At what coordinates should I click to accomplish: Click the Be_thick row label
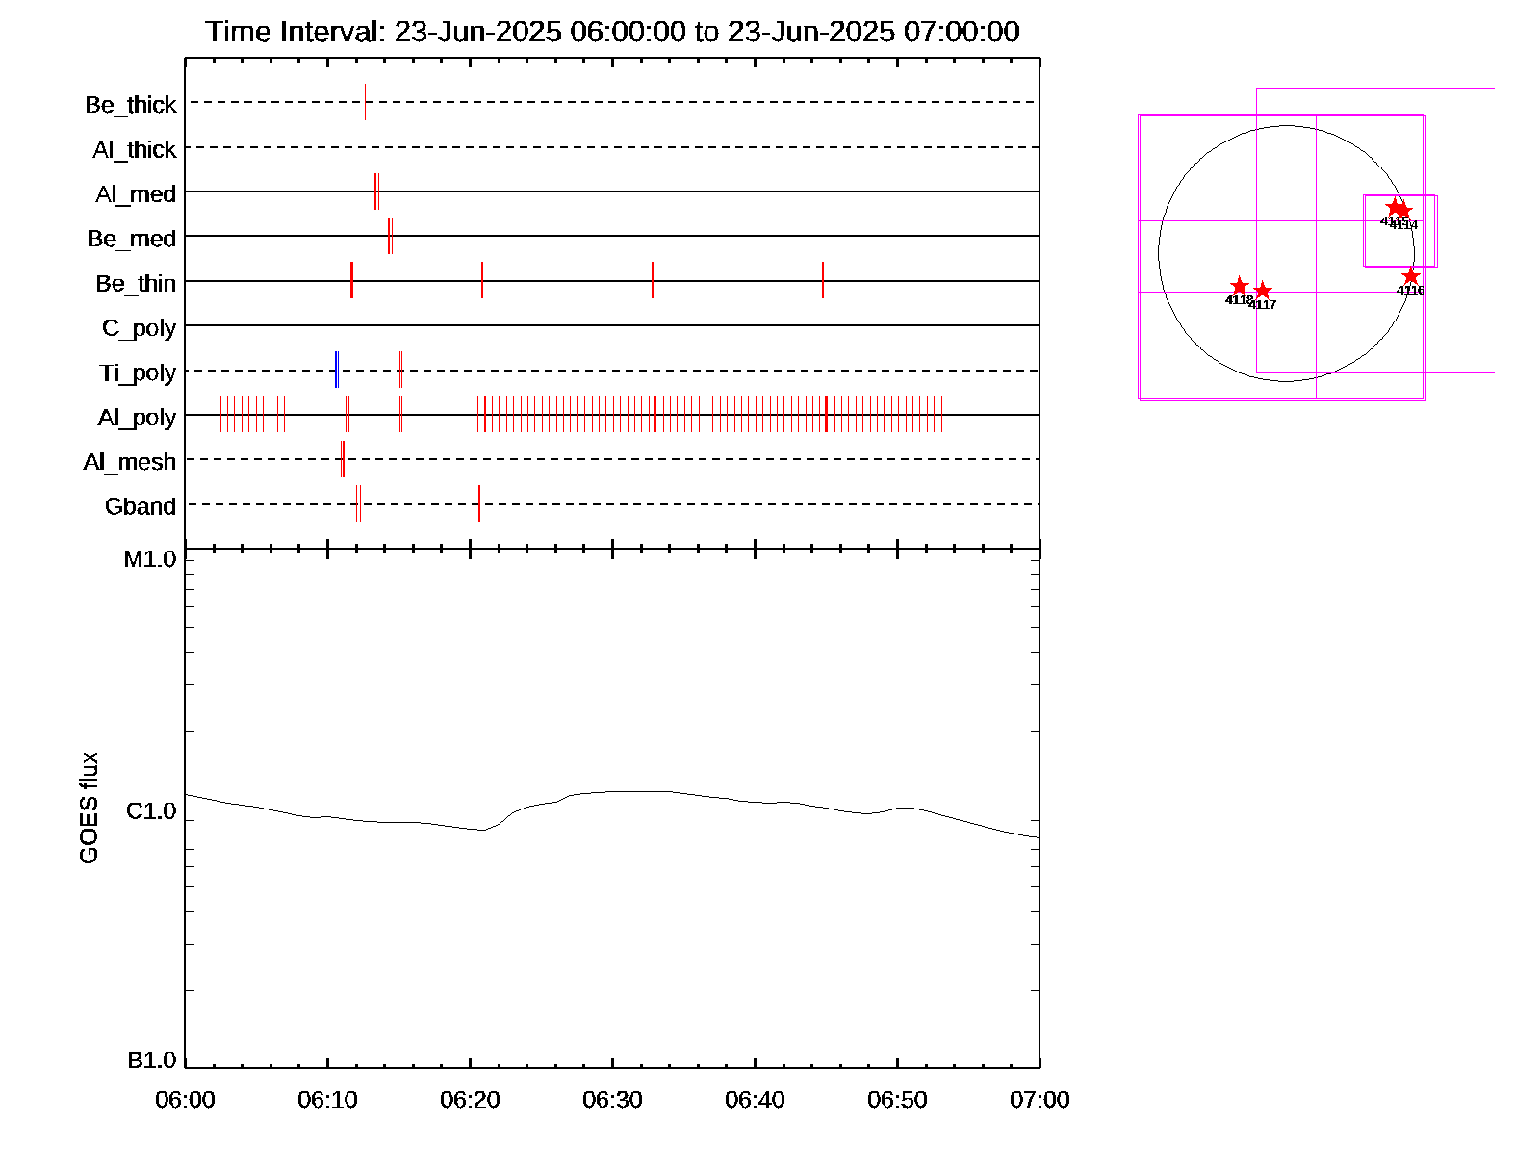(x=131, y=104)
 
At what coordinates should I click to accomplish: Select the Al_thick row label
(x=135, y=149)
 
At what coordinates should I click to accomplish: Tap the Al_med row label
(x=136, y=193)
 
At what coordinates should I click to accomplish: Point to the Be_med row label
(x=132, y=238)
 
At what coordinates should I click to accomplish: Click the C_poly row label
(x=139, y=328)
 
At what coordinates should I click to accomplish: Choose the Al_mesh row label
(x=130, y=462)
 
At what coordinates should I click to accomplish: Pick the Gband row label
(x=141, y=506)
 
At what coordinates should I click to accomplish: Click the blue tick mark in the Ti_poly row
(x=335, y=371)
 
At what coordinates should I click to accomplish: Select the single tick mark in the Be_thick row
(x=365, y=102)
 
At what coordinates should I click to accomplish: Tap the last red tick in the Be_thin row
(x=823, y=280)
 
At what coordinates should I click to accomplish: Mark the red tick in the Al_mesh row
(x=343, y=459)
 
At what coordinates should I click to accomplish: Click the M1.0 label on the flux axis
(x=150, y=559)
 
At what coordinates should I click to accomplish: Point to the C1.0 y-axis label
(x=151, y=811)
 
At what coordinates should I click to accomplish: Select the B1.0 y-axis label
(x=152, y=1061)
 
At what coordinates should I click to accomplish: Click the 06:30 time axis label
(x=612, y=1100)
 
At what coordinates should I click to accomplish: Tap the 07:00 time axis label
(x=1039, y=1100)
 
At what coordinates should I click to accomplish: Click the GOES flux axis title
(x=89, y=808)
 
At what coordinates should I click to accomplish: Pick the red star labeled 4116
(x=1411, y=276)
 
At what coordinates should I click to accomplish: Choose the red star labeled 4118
(x=1240, y=287)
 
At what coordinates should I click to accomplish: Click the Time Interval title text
(x=612, y=32)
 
